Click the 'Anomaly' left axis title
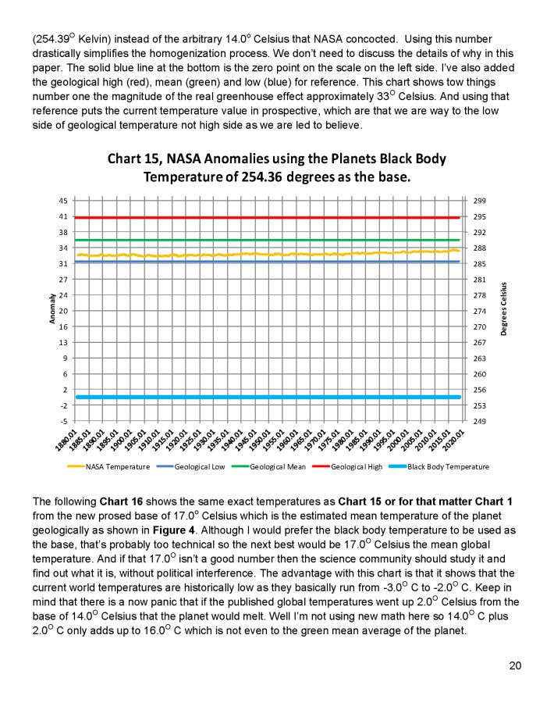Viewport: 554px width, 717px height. coord(52,310)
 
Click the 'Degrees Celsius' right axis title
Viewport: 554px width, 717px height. coord(504,309)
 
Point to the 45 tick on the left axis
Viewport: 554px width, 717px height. coord(62,201)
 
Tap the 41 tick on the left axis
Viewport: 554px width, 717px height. coord(62,216)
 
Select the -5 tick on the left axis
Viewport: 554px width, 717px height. coord(62,421)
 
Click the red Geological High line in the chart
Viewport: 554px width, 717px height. coord(273,217)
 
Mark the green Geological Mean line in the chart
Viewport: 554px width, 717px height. coord(273,240)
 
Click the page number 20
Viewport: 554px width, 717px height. coord(515,665)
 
